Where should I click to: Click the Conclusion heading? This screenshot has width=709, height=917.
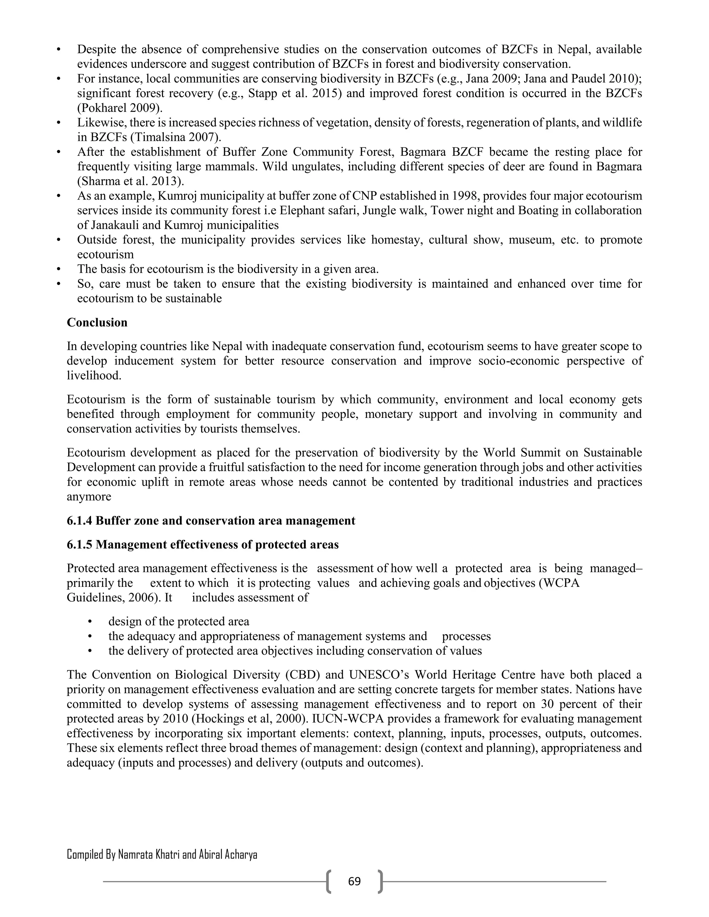pos(97,323)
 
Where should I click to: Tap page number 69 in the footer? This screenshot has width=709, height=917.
pos(354,881)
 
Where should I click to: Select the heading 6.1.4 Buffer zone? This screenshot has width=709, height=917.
pos(211,521)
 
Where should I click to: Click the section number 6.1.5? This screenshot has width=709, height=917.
pos(80,545)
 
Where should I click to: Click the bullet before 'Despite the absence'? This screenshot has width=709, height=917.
pos(59,49)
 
